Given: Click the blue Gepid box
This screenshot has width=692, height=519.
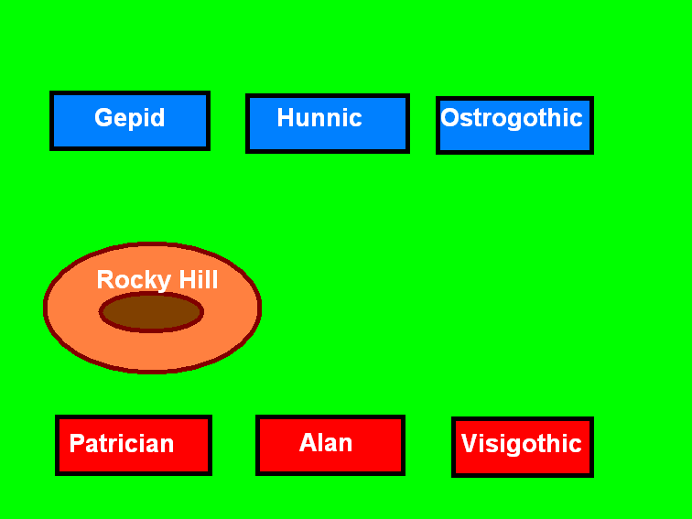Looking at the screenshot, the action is pyautogui.click(x=130, y=121).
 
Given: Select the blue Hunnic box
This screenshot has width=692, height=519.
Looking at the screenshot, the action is pyautogui.click(x=328, y=124).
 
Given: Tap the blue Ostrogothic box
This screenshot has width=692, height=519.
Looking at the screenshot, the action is pyautogui.click(x=514, y=125).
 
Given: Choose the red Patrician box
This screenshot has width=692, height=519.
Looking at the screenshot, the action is pyautogui.click(x=134, y=445).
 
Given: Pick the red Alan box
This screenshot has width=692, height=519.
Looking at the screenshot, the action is pyautogui.click(x=330, y=445).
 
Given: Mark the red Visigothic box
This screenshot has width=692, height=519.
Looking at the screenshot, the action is pyautogui.click(x=523, y=447).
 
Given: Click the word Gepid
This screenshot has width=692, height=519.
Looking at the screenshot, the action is pyautogui.click(x=130, y=118).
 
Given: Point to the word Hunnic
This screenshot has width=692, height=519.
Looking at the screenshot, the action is pyautogui.click(x=319, y=117).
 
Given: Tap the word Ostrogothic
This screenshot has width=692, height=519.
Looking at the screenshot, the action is pyautogui.click(x=512, y=118).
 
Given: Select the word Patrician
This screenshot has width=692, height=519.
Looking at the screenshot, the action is pyautogui.click(x=122, y=444).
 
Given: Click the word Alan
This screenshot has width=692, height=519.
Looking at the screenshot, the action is pyautogui.click(x=326, y=442).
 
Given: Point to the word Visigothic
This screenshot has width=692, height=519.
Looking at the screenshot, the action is pyautogui.click(x=521, y=445).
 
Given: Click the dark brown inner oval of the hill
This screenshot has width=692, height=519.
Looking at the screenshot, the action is pyautogui.click(x=151, y=311).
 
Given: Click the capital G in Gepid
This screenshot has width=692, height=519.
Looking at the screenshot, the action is pyautogui.click(x=103, y=117).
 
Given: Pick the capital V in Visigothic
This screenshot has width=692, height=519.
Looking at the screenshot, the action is pyautogui.click(x=470, y=443).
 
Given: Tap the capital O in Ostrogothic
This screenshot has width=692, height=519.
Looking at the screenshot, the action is pyautogui.click(x=450, y=118).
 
